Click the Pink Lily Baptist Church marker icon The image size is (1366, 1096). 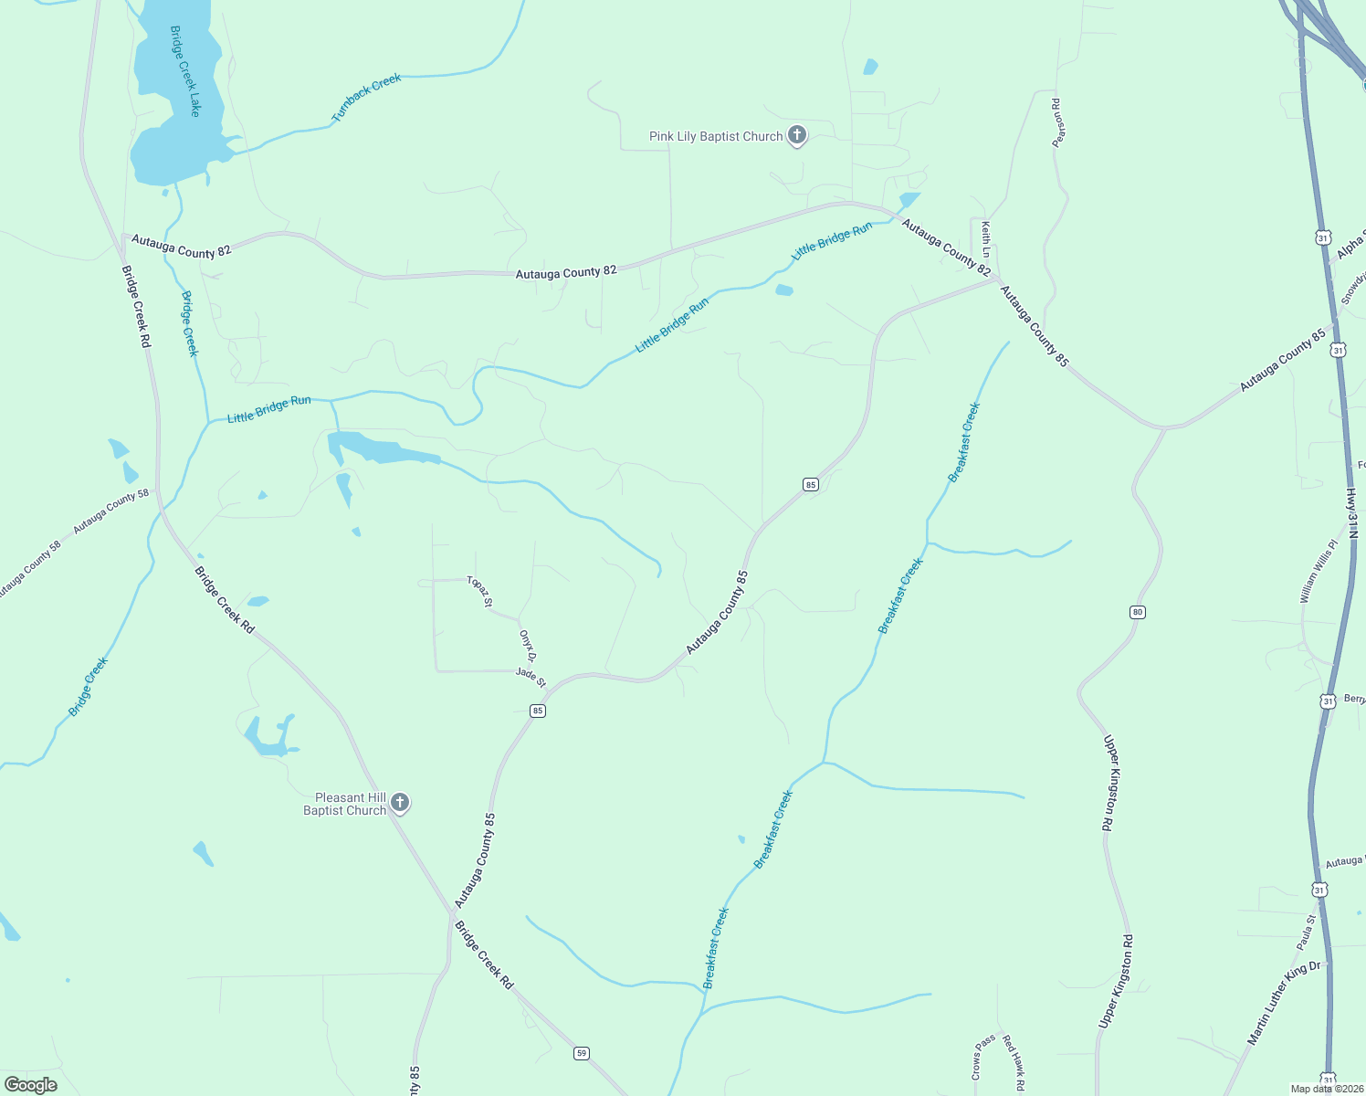click(797, 136)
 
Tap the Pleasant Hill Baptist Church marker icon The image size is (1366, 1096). click(399, 803)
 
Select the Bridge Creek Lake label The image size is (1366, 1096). click(185, 71)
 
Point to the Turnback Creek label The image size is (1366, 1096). click(367, 98)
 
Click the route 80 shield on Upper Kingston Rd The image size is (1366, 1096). click(1137, 612)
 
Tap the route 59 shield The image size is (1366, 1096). click(582, 1053)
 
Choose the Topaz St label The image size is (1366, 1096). click(479, 591)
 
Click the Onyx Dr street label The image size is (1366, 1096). click(527, 645)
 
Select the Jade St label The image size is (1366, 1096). click(531, 677)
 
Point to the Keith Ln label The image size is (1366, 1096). click(985, 238)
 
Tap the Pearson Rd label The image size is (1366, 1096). click(1057, 122)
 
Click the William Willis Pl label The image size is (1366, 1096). click(1319, 571)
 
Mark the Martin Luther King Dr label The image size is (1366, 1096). click(1284, 1003)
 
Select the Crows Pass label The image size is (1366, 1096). click(984, 1057)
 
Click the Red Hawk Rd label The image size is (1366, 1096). click(1014, 1063)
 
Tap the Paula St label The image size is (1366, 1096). click(1307, 932)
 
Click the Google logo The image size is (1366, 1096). click(31, 1085)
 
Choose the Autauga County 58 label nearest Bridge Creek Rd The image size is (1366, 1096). click(110, 512)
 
